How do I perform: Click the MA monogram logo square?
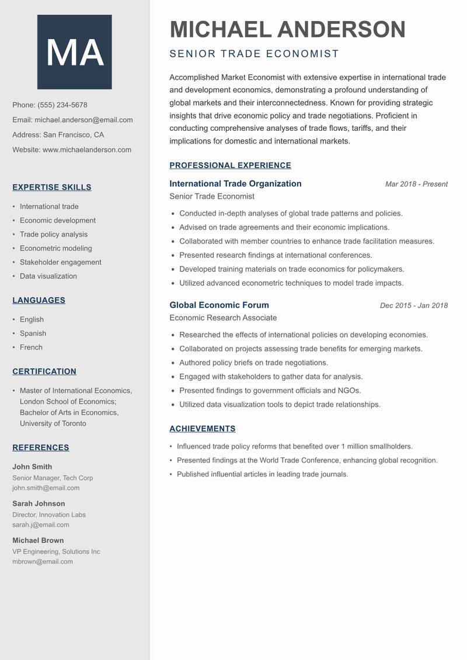(75, 52)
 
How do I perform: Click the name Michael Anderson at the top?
(287, 29)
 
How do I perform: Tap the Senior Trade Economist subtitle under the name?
(254, 54)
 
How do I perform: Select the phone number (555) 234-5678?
(62, 105)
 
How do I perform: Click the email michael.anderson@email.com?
(83, 120)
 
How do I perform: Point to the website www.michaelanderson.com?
(87, 150)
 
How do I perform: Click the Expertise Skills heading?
(52, 187)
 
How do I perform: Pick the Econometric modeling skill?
(56, 248)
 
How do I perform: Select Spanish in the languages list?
(33, 334)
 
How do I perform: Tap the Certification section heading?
(44, 371)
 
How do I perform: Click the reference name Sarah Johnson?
(39, 503)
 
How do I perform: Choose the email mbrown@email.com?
(43, 561)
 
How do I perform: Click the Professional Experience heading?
(230, 165)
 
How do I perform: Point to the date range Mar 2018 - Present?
(416, 184)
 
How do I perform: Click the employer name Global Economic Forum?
(219, 305)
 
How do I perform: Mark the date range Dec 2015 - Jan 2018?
(413, 305)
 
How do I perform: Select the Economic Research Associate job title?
(223, 318)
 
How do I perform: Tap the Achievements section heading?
(202, 429)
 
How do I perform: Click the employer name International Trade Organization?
(235, 183)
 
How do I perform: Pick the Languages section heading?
(39, 300)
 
